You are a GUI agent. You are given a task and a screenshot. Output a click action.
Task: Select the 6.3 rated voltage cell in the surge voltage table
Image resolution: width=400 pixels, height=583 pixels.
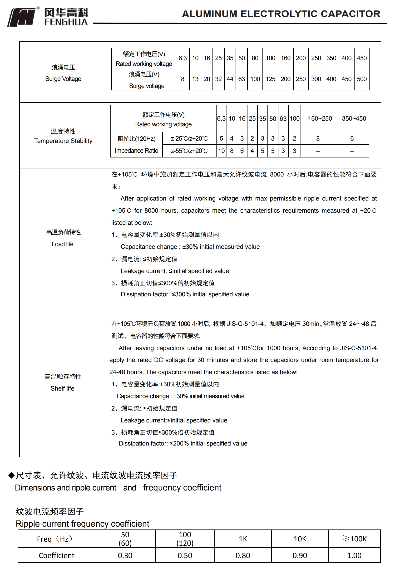tap(183, 58)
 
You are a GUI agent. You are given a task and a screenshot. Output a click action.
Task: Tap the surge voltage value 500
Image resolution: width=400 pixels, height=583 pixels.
tap(362, 79)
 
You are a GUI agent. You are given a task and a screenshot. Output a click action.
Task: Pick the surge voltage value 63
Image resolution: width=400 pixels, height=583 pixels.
tap(242, 79)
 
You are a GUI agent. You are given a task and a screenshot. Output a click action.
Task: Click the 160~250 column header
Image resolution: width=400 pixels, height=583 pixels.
tap(320, 118)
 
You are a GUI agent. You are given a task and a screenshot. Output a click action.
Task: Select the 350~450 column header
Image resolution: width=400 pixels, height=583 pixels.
tap(354, 118)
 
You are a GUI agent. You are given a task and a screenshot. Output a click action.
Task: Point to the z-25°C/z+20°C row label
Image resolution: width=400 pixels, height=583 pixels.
tap(189, 138)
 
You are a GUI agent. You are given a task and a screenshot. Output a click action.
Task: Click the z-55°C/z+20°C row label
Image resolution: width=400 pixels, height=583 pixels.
tap(189, 151)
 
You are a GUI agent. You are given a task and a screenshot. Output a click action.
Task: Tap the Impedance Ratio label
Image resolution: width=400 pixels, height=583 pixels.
tap(136, 151)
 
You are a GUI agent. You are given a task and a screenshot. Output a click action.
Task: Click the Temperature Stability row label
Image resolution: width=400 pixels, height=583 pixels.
tap(63, 141)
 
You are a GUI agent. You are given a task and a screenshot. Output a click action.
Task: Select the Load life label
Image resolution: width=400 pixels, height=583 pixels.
tap(63, 244)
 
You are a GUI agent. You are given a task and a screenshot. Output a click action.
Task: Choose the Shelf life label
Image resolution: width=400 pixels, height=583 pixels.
tap(63, 388)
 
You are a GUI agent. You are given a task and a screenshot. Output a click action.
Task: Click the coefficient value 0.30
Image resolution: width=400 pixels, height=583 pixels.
tap(125, 555)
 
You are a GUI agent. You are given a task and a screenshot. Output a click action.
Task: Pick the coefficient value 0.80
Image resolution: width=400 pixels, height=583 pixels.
tap(243, 555)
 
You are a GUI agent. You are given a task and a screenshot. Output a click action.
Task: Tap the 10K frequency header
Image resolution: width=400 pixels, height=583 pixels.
tap(300, 539)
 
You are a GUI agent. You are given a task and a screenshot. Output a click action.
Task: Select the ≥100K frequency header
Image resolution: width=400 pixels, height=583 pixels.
tap(354, 539)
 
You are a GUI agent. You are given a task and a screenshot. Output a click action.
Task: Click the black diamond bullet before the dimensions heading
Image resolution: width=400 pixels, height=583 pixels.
tap(12, 475)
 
